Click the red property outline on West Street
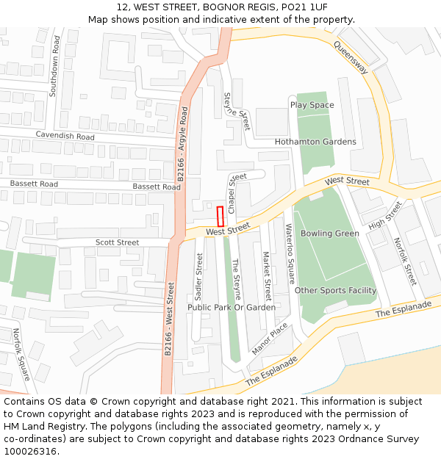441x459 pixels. point(220,217)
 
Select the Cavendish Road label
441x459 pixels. point(65,137)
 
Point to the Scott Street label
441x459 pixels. point(117,242)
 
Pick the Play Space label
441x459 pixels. point(312,105)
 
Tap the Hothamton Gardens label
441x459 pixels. point(315,142)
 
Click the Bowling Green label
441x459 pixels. point(330,234)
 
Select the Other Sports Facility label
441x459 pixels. point(335,291)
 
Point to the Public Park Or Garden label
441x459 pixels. point(232,308)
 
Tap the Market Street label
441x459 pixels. point(267,276)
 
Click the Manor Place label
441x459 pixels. point(269,339)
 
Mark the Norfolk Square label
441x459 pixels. point(20,354)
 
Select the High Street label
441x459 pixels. point(385,214)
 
